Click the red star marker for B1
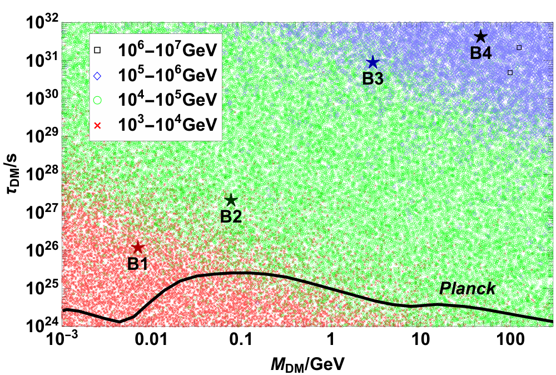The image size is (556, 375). (137, 247)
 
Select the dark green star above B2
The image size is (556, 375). (231, 200)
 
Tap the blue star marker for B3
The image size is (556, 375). (373, 62)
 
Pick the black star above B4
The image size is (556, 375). (481, 36)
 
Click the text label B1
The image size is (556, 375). (137, 264)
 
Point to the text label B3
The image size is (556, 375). (373, 79)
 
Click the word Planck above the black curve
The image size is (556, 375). (468, 289)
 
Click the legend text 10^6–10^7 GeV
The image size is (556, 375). (167, 50)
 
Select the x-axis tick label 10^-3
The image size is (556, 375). (62, 338)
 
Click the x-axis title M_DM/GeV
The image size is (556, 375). (307, 364)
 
